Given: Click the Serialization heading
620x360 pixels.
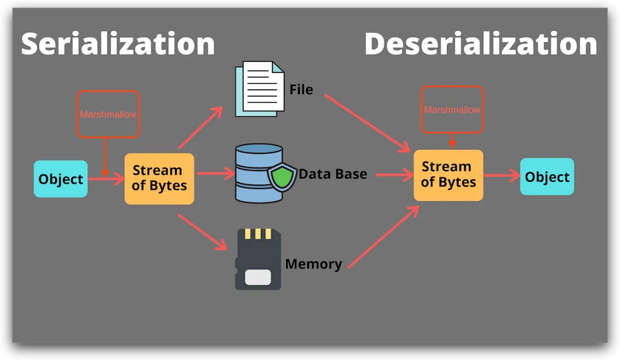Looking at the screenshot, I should point(117,45).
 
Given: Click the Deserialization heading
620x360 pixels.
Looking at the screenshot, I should point(480,45).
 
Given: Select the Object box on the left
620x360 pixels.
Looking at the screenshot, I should point(61,179).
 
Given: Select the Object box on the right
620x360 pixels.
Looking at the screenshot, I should point(546,177).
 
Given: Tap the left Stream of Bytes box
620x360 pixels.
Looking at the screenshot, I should point(159,178).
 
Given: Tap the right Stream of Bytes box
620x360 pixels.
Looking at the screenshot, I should point(448,174).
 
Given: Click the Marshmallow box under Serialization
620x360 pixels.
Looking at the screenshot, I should point(108,114).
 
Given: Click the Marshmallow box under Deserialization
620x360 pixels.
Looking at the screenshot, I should point(452,109).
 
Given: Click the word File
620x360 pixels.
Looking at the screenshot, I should point(301,90).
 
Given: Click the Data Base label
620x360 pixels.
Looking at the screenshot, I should point(333,174).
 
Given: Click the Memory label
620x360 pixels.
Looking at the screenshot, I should point(313,264).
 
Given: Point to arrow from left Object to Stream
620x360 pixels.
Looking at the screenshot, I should point(105,179).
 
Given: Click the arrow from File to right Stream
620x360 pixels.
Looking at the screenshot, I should point(367,122).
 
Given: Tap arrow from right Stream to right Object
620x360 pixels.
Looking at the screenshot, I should point(501,176).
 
